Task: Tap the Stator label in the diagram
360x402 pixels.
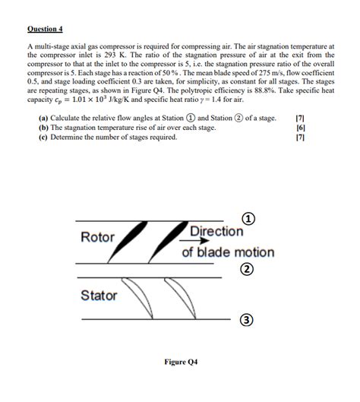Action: (99, 295)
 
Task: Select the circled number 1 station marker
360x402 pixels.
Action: (248, 220)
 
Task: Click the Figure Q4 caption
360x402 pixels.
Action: (180, 362)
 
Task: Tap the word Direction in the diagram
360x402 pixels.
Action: (216, 232)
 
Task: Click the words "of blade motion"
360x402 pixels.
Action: (227, 252)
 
